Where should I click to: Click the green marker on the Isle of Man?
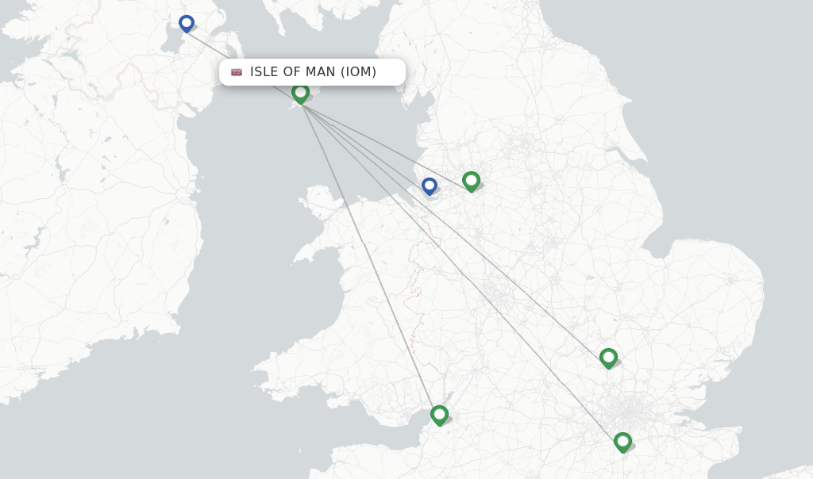click(x=300, y=93)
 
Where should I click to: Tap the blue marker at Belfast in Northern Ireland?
click(x=187, y=24)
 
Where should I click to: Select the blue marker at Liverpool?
click(x=430, y=186)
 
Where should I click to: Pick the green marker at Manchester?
click(x=471, y=181)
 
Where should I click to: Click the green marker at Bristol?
click(x=439, y=415)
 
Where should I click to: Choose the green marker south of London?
click(x=622, y=442)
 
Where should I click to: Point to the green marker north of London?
click(x=608, y=358)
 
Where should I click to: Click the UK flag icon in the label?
click(x=237, y=72)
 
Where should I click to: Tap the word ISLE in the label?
click(x=265, y=72)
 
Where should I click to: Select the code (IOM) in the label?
click(x=358, y=72)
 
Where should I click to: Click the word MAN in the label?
click(x=321, y=72)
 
